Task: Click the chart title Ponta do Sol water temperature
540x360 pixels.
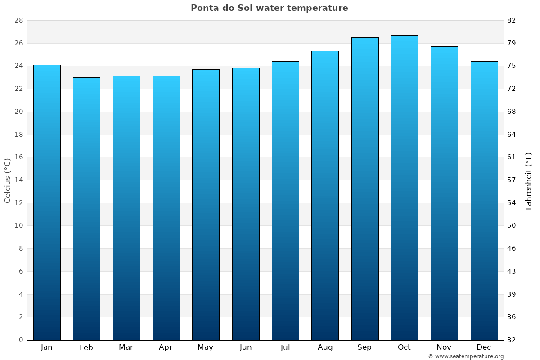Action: click(269, 8)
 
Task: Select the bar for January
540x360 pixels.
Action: click(47, 202)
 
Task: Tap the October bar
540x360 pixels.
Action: click(405, 188)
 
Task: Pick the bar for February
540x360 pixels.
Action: click(86, 209)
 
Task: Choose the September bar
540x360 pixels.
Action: click(365, 189)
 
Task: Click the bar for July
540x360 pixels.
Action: click(285, 201)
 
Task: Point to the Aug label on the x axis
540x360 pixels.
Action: click(325, 347)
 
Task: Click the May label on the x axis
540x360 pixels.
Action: click(206, 347)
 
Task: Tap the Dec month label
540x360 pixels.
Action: click(484, 347)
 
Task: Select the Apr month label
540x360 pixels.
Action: click(166, 347)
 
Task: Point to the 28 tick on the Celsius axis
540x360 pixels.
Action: click(18, 21)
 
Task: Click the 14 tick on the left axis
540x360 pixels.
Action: click(18, 180)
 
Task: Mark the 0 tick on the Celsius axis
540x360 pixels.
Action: click(21, 340)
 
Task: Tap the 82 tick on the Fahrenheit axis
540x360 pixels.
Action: click(512, 21)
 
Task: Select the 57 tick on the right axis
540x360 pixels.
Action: click(512, 180)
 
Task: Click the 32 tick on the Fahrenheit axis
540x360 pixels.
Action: click(512, 340)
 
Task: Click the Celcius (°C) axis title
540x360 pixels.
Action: click(7, 180)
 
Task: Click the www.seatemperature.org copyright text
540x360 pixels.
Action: click(466, 356)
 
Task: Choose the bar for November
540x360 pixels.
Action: click(444, 193)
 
